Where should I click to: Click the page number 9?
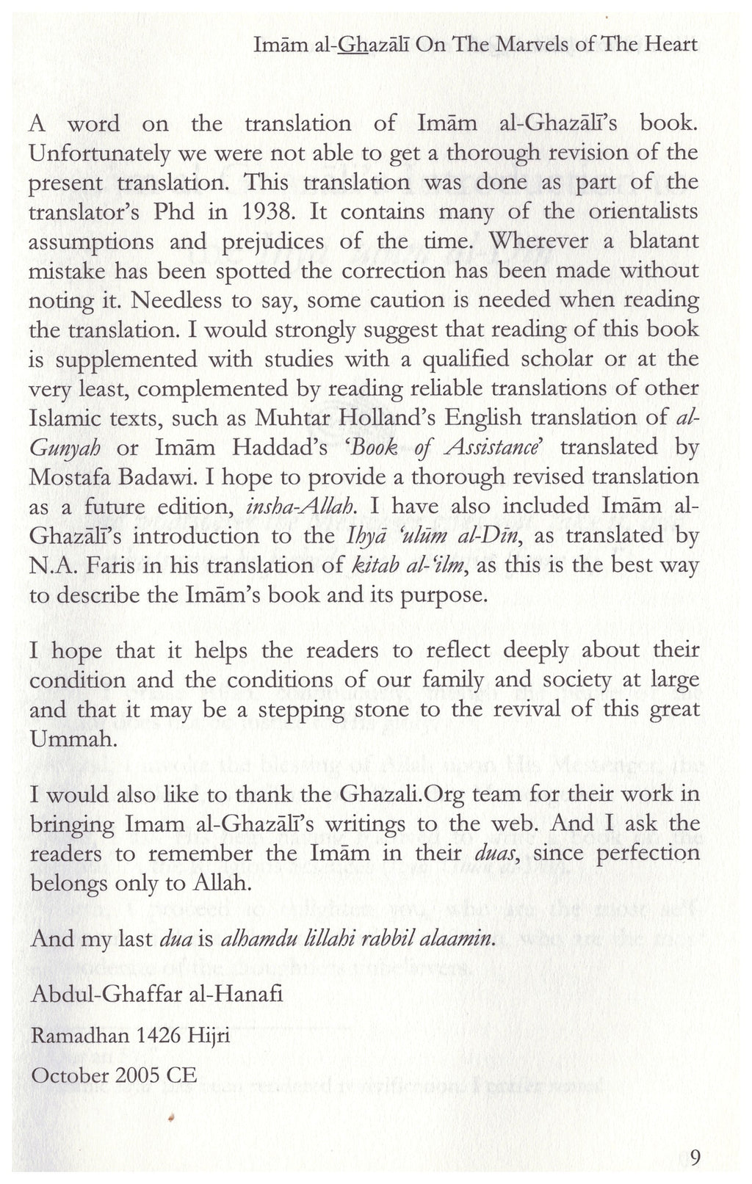click(695, 1158)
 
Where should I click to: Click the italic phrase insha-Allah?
click(303, 506)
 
